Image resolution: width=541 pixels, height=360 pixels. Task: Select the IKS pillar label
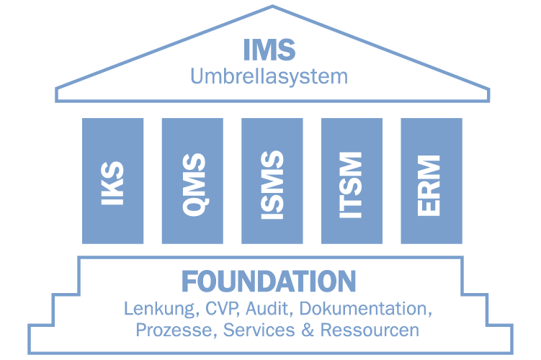click(112, 181)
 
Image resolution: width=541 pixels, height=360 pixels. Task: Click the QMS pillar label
click(192, 181)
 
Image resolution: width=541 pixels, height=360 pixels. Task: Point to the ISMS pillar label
click(272, 181)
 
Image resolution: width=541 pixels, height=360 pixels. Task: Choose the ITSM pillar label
click(351, 181)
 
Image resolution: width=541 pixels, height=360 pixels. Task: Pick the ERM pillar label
click(431, 181)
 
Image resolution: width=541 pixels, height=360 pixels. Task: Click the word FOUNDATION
click(269, 281)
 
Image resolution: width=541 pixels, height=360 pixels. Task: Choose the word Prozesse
click(175, 330)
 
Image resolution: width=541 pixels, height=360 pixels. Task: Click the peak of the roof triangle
click(272, 6)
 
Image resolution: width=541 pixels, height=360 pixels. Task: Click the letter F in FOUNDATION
click(189, 281)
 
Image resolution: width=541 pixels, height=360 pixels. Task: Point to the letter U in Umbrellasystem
click(197, 76)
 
